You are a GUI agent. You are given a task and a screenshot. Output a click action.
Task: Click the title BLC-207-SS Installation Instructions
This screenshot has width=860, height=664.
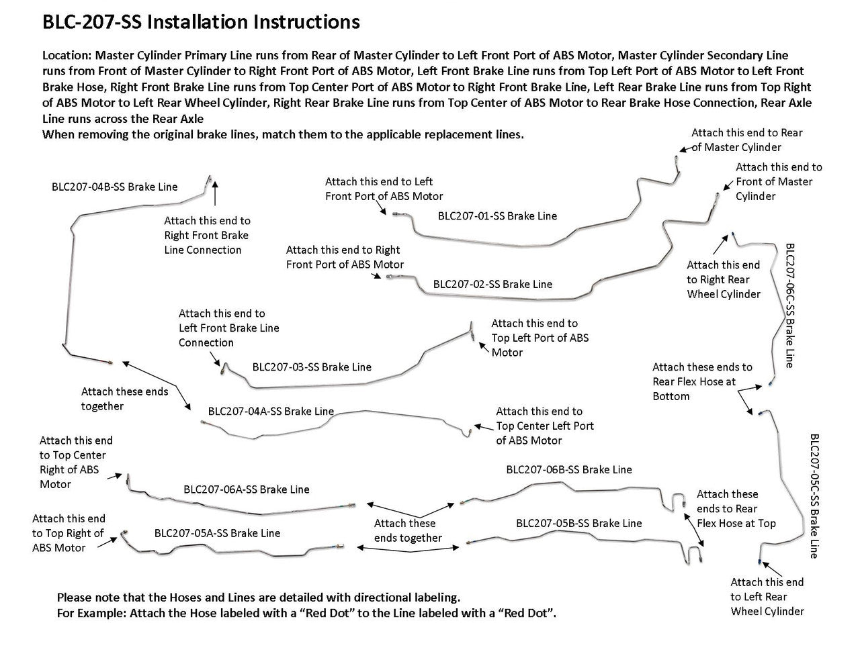pos(201,22)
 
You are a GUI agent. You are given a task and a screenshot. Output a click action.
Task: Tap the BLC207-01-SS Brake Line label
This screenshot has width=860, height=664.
pos(497,216)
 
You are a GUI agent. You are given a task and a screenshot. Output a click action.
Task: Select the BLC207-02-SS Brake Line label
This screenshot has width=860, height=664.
pos(492,284)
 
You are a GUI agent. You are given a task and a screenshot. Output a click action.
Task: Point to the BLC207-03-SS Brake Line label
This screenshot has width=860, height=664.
pos(312,367)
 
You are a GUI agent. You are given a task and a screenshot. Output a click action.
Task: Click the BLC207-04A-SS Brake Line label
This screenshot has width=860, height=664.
pos(271,411)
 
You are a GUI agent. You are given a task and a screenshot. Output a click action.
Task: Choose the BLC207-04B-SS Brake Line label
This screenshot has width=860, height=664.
pos(115,187)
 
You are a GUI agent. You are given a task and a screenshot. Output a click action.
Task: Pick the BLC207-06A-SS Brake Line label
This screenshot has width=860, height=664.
pos(247,489)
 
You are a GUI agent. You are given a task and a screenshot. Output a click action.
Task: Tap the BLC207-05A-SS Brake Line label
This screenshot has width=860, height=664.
pos(217,533)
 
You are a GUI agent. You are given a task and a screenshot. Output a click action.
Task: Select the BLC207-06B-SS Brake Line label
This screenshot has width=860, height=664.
pos(569,470)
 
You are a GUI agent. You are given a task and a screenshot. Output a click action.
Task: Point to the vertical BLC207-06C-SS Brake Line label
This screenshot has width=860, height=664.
pos(789,305)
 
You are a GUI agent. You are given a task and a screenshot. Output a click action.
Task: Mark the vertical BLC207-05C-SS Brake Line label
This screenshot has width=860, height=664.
pos(814,496)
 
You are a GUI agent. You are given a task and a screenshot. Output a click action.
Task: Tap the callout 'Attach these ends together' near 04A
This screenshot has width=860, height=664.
pos(125,399)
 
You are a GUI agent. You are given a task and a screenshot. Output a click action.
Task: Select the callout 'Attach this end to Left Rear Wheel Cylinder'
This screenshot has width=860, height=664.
pos(767,596)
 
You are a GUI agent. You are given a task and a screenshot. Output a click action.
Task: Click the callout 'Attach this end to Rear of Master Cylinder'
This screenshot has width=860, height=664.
pos(746,140)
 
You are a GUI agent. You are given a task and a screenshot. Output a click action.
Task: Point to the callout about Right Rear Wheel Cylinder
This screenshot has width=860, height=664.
pos(724,279)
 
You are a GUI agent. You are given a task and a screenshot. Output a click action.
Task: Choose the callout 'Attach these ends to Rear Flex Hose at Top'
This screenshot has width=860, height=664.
pos(736,508)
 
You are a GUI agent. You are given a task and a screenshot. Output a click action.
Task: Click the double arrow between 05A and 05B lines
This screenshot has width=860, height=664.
pos(408,548)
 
